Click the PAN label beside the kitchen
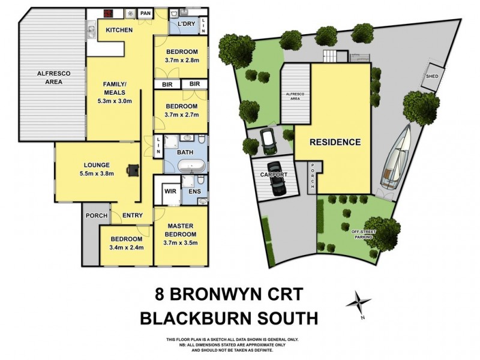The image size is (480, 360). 145,13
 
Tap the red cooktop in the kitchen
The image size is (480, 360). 109,13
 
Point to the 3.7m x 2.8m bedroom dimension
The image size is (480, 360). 181,61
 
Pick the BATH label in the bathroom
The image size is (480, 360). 185,152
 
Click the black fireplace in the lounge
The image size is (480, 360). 131,170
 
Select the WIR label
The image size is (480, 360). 170,193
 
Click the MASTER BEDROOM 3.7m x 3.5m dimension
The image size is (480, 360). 181,242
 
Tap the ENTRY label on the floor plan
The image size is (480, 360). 131,215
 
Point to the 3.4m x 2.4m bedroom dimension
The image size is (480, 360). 127,246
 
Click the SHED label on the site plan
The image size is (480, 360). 431,77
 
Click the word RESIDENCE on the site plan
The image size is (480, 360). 335,142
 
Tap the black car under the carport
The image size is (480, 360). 277,178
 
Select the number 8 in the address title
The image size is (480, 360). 158,295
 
